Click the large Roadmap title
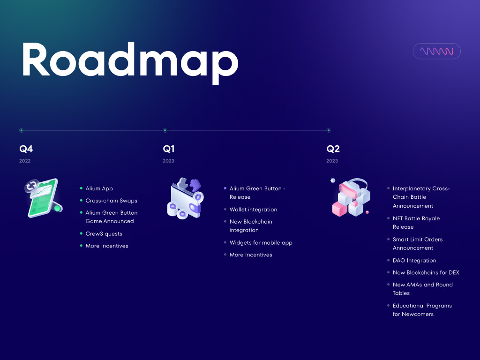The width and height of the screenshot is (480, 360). tap(130, 62)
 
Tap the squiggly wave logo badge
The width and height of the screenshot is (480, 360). tap(436, 51)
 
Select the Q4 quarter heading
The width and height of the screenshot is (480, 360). tap(26, 149)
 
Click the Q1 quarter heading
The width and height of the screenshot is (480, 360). tap(169, 149)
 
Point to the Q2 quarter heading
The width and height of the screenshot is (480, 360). tap(333, 149)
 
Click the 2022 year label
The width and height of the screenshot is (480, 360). tap(25, 161)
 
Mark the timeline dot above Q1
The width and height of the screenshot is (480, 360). tap(165, 130)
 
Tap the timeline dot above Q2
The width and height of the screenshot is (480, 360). tap(329, 130)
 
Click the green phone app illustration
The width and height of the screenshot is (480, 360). tap(44, 198)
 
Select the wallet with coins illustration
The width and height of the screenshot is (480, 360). tap(186, 198)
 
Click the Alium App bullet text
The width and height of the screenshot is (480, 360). tap(99, 188)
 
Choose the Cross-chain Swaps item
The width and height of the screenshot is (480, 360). tap(112, 201)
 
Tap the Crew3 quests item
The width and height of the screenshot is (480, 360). tap(104, 233)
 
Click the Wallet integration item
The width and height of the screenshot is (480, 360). tap(254, 210)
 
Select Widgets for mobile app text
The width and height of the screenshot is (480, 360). tap(261, 243)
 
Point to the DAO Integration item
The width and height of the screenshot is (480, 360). tap(414, 261)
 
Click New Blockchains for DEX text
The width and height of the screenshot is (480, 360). tap(426, 272)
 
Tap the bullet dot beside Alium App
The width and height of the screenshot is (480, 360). tap(81, 188)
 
